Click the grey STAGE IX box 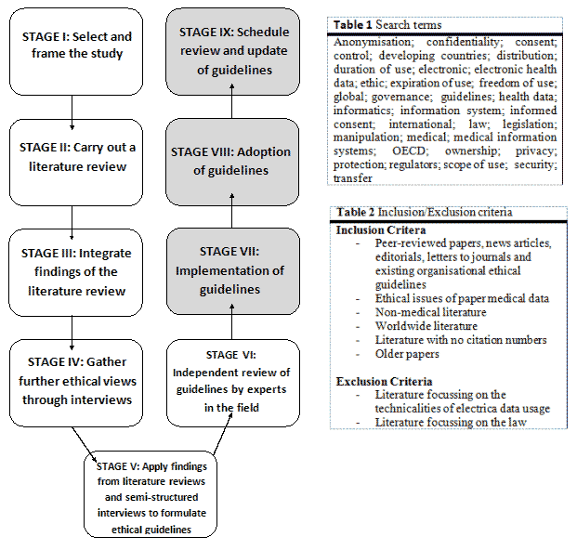coord(229,46)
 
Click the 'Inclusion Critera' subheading coord(381,229)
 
